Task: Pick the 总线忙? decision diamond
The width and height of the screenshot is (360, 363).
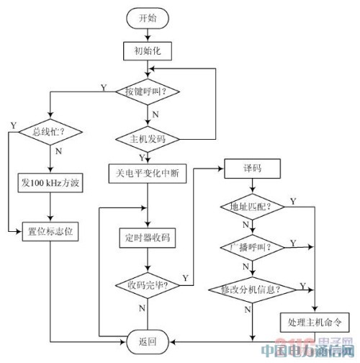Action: click(x=49, y=133)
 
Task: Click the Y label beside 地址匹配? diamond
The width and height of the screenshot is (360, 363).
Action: click(x=292, y=200)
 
